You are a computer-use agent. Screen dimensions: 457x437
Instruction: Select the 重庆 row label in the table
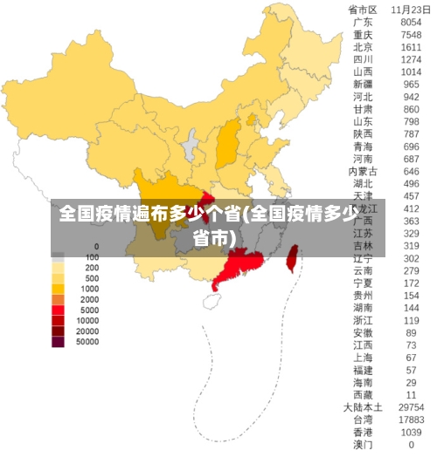click(x=362, y=35)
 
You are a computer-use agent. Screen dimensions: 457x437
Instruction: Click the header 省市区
click(x=362, y=10)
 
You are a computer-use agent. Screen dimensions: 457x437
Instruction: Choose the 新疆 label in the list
click(x=362, y=85)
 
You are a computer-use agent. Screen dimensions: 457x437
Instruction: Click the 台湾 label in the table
click(x=362, y=420)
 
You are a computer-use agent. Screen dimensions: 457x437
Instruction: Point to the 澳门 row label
click(x=362, y=445)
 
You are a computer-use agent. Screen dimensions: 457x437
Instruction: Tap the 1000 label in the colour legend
click(x=89, y=289)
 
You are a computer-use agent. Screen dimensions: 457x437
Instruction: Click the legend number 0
click(x=95, y=247)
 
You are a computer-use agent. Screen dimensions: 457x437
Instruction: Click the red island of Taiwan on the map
click(x=293, y=257)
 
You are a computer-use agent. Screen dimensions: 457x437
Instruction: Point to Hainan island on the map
click(x=212, y=301)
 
